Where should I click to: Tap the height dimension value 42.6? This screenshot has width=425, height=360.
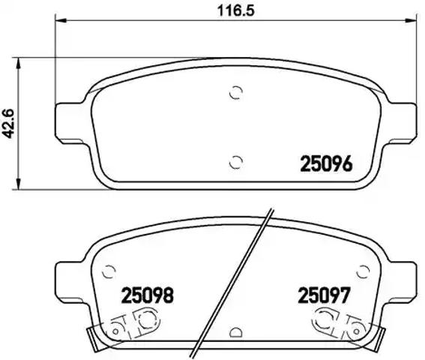[10, 120]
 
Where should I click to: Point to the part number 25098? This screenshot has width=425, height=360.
[148, 296]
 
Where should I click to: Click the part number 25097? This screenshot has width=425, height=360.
[324, 296]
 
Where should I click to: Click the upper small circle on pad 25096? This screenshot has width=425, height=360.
[236, 93]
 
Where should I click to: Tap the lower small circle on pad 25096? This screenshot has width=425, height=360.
[236, 160]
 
